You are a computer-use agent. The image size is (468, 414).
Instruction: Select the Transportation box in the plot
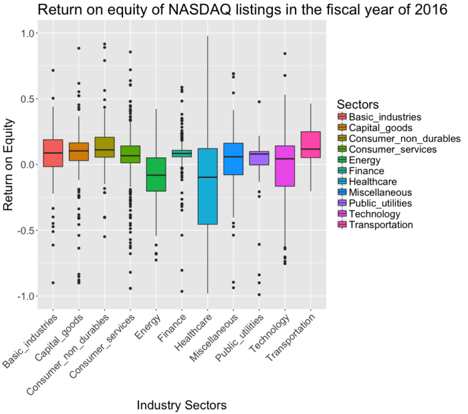pos(311,145)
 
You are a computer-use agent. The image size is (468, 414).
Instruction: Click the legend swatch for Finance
pos(342,171)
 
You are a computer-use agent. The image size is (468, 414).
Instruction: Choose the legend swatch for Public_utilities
pos(342,203)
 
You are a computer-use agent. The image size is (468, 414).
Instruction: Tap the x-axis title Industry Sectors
pos(182,405)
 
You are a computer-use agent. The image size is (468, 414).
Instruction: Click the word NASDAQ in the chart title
pos(190,10)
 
